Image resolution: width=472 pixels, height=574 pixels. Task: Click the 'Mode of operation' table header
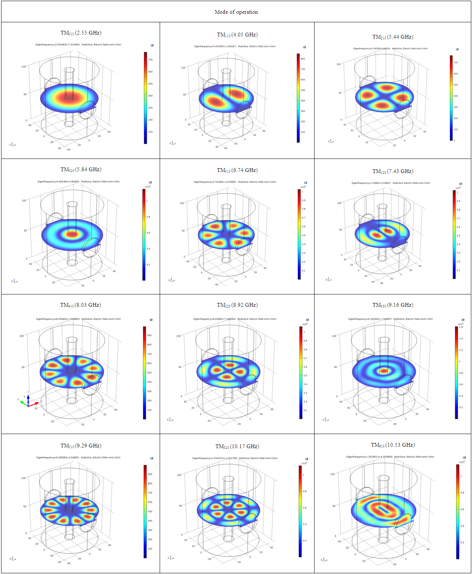[x=236, y=12]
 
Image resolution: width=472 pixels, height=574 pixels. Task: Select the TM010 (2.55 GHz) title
[x=81, y=33]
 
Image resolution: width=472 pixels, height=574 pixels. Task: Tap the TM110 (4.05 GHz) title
[x=237, y=35]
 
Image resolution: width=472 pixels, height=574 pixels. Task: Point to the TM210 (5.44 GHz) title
[x=393, y=37]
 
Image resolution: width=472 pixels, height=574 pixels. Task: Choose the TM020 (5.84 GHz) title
[x=81, y=169]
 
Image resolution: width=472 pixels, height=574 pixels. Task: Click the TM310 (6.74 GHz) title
[x=237, y=170]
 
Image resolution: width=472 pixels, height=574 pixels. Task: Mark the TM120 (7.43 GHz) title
[x=393, y=171]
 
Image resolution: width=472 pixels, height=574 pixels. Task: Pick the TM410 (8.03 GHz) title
[x=81, y=305]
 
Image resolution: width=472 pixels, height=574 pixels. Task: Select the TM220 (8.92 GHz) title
[x=237, y=305]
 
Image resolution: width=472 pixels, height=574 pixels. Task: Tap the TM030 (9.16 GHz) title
[x=393, y=305]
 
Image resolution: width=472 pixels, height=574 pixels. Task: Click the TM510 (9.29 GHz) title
[x=81, y=446]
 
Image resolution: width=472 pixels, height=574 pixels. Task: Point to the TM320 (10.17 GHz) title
[x=237, y=446]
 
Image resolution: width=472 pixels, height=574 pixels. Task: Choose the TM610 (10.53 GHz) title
[x=393, y=445]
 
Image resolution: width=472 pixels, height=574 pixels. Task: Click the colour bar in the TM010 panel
[x=146, y=98]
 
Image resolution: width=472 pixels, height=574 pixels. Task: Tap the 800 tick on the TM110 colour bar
[x=303, y=59]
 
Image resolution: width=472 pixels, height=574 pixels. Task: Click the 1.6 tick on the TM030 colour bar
[x=461, y=327]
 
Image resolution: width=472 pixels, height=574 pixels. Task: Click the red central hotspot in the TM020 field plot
[x=72, y=234]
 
